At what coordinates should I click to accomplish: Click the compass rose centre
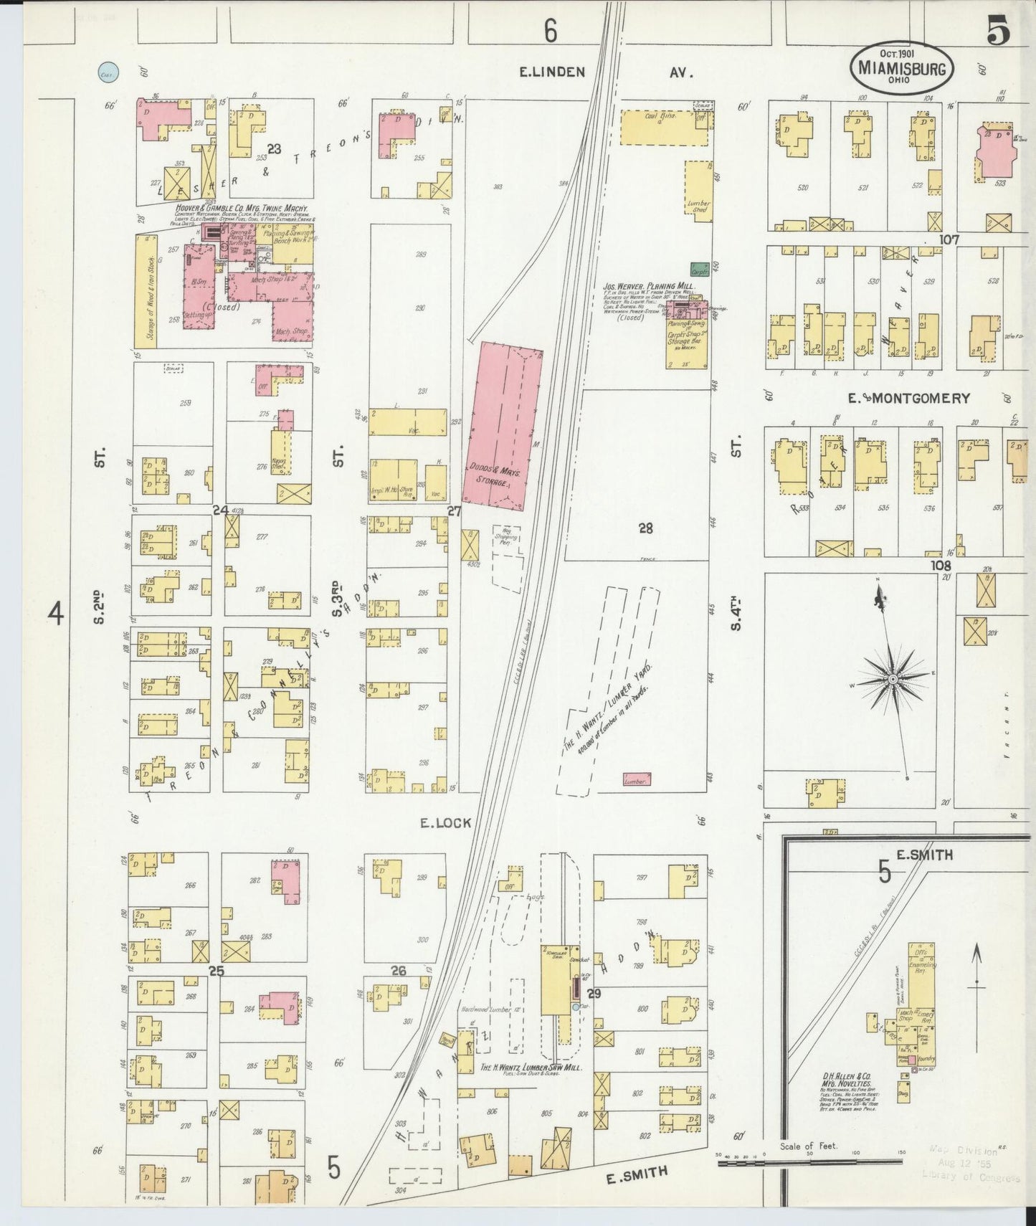click(x=893, y=678)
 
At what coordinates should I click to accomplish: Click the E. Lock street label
click(x=446, y=822)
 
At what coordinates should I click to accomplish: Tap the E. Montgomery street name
click(x=909, y=398)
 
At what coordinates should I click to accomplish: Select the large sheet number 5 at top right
click(x=997, y=31)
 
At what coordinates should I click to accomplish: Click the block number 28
click(x=645, y=528)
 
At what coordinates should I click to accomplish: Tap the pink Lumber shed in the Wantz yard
click(x=637, y=779)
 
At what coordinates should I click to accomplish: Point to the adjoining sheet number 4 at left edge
click(x=56, y=614)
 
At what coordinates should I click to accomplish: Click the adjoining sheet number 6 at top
click(x=550, y=31)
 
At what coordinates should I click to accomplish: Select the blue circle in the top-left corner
click(x=108, y=71)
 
